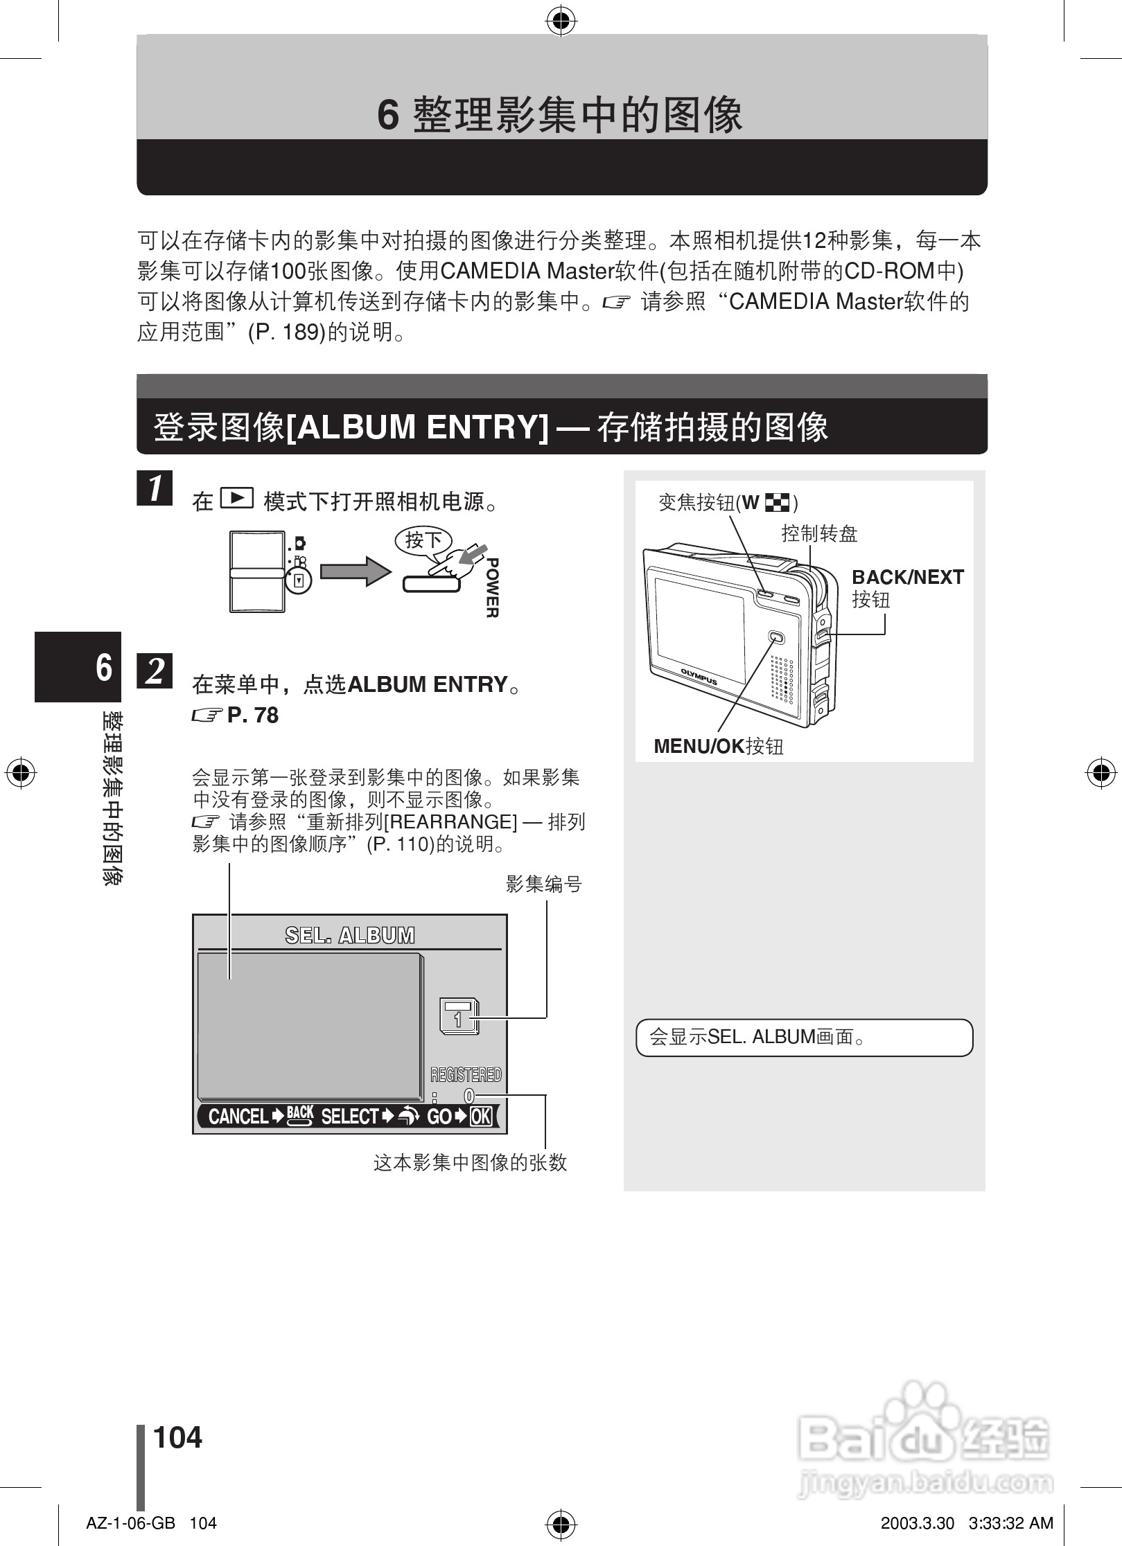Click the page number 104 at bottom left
[177, 1438]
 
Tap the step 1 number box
[155, 488]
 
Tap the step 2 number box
[155, 670]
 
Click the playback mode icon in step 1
[236, 498]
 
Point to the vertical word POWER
[492, 587]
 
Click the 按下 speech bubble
[423, 540]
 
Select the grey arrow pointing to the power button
[355, 571]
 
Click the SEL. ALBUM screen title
[350, 935]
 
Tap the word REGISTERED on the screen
[466, 1074]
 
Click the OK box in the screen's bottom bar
[481, 1117]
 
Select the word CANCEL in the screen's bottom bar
[238, 1117]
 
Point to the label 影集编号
[544, 884]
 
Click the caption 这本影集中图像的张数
[471, 1163]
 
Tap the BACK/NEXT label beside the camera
[907, 578]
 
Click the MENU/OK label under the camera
[699, 746]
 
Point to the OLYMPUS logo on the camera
[698, 676]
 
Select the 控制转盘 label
[819, 533]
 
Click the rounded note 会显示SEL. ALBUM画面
[804, 1037]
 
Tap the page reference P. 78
[252, 715]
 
